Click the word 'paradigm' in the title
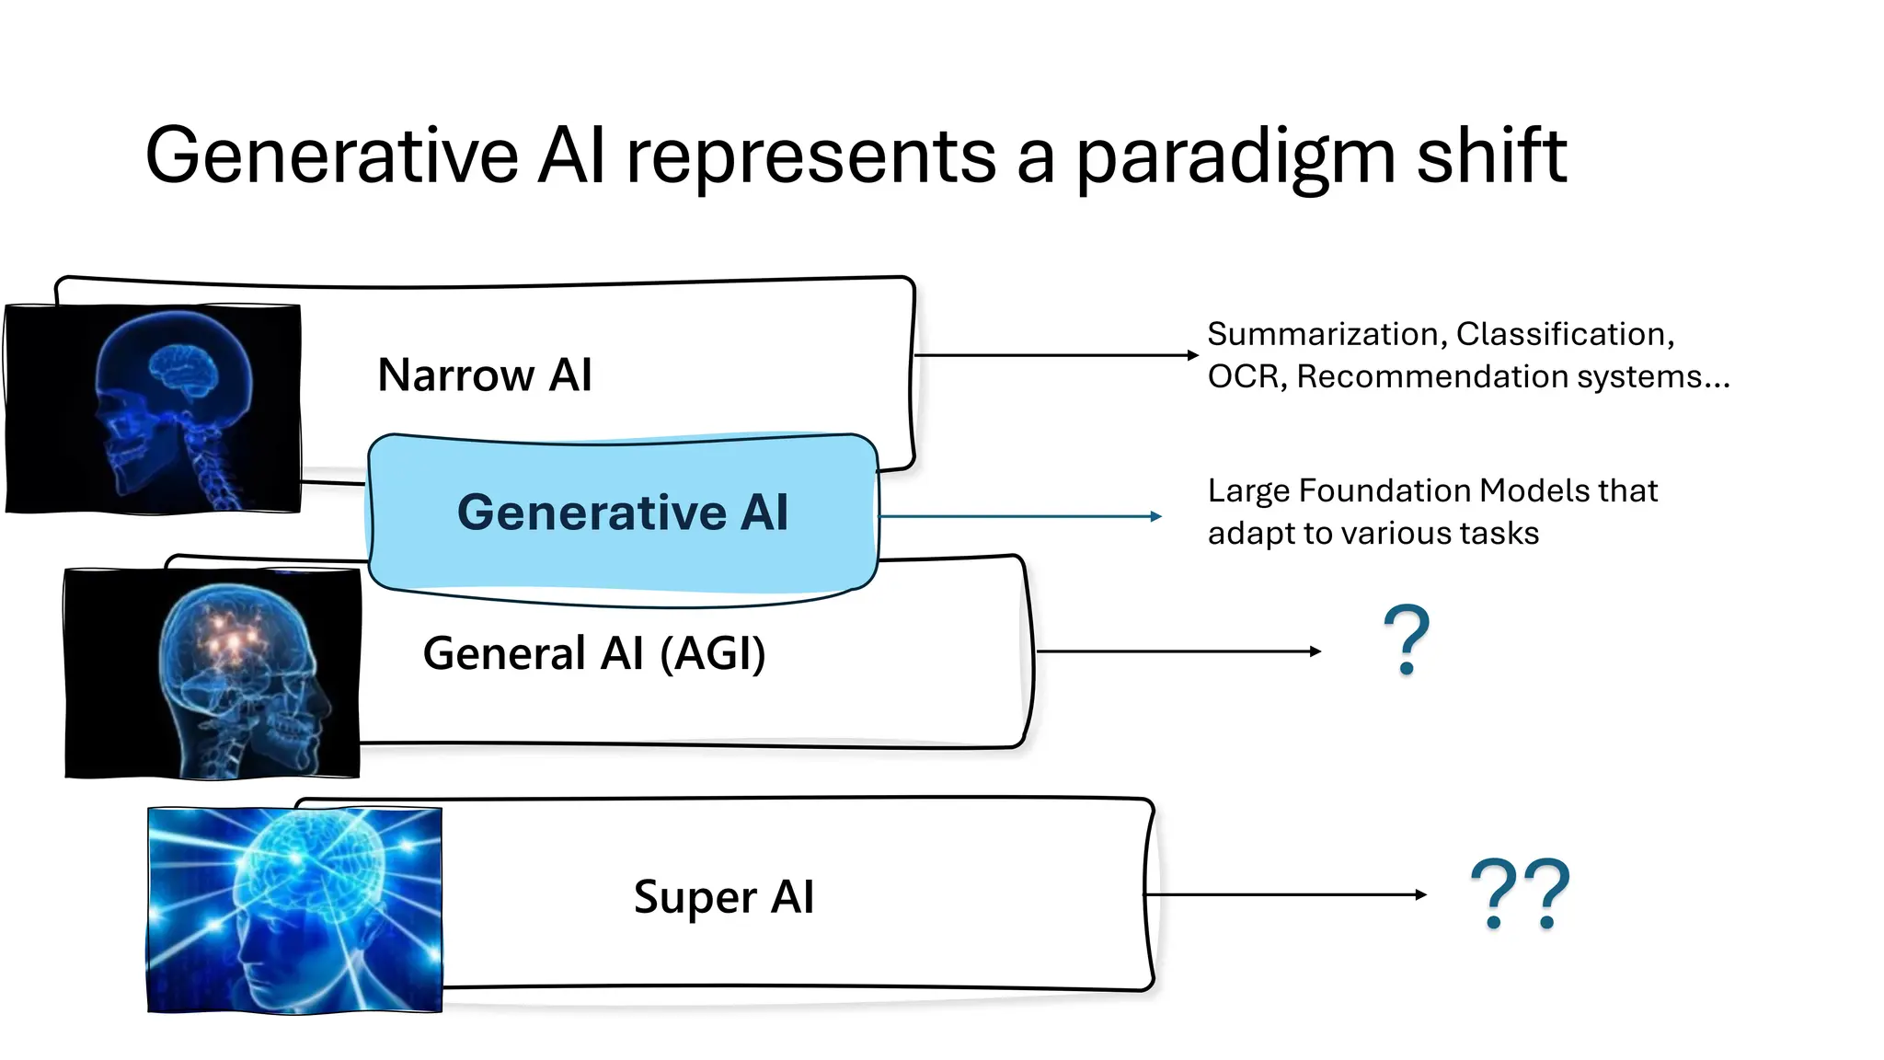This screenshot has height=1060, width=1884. click(1235, 156)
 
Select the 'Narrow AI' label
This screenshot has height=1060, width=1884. click(484, 374)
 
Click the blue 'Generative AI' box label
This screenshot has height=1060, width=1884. click(623, 512)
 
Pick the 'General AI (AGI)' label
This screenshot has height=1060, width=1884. click(594, 653)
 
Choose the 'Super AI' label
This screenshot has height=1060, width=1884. click(724, 896)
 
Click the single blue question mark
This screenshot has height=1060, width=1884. click(1407, 640)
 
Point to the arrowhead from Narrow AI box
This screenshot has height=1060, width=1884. click(1193, 355)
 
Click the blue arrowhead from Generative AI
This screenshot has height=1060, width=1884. click(1156, 517)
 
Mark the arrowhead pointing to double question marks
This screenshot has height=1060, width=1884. click(1421, 894)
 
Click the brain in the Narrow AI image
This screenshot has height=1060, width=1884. click(184, 368)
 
